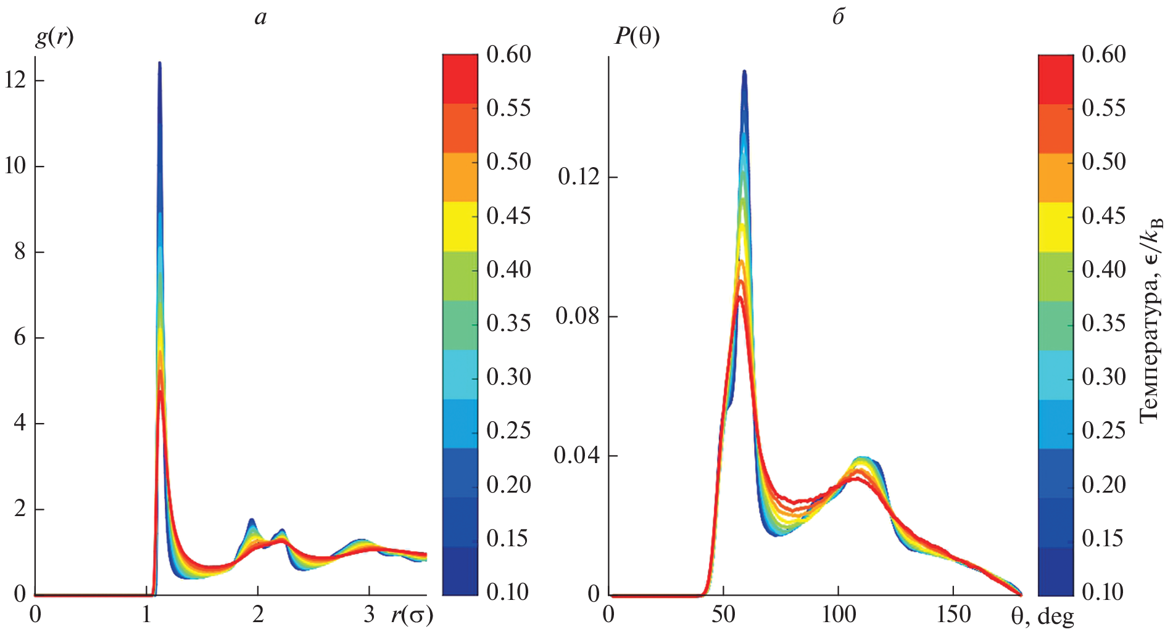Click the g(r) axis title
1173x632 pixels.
pyautogui.click(x=54, y=38)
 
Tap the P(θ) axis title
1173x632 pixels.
pyautogui.click(x=637, y=37)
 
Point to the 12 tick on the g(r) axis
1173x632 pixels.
pyautogui.click(x=15, y=80)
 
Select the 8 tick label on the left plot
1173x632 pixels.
pyautogui.click(x=20, y=252)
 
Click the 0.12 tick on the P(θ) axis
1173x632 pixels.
pyautogui.click(x=578, y=177)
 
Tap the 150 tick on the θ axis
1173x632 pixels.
pyautogui.click(x=953, y=614)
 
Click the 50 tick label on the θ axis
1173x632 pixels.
pyautogui.click(x=723, y=614)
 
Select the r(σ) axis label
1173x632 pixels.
pyautogui.click(x=412, y=615)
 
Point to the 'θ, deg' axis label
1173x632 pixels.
pyautogui.click(x=1042, y=615)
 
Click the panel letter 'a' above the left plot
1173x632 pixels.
pyautogui.click(x=260, y=17)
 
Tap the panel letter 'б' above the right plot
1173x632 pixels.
pyautogui.click(x=838, y=17)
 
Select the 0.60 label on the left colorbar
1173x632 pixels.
pyautogui.click(x=508, y=54)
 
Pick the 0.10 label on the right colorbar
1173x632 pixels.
pyautogui.click(x=1104, y=592)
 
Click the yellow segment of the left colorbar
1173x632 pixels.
pyautogui.click(x=460, y=226)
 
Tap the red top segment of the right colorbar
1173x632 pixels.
pyautogui.click(x=1056, y=79)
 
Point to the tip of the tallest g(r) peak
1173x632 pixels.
pyautogui.click(x=159, y=63)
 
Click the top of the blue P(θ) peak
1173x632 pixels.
pyautogui.click(x=744, y=72)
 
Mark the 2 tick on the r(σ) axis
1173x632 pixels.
pyautogui.click(x=258, y=614)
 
